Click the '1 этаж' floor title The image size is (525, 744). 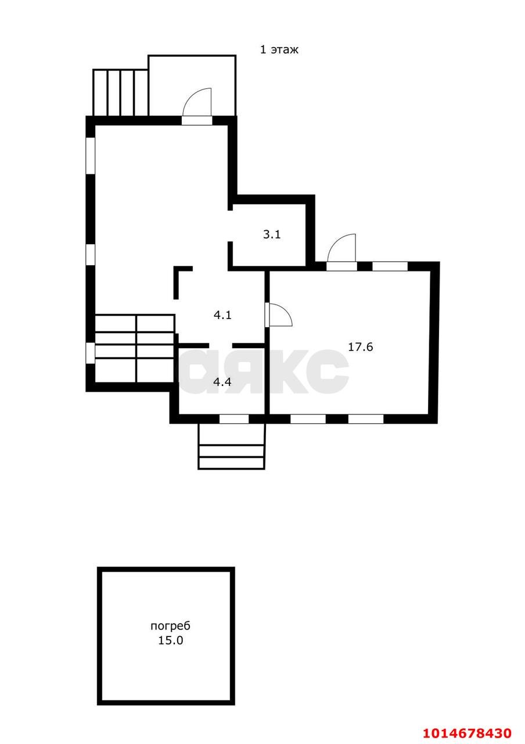pos(279,50)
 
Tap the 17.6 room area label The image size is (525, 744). pos(361,347)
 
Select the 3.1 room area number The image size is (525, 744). pos(272,234)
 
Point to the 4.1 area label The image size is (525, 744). pos(222,315)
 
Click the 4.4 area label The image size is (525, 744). pos(222,382)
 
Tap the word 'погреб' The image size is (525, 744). pos(171,627)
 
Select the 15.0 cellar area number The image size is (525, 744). pos(170,641)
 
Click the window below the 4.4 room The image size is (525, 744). pos(234,419)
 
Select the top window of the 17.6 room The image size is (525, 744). pos(390,266)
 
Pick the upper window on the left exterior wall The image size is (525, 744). pos(90,155)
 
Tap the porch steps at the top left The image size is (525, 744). pos(120,92)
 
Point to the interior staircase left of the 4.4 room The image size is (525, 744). pos(135,348)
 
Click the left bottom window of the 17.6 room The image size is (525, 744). pos(308,419)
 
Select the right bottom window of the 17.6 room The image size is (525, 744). pos(366,419)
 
